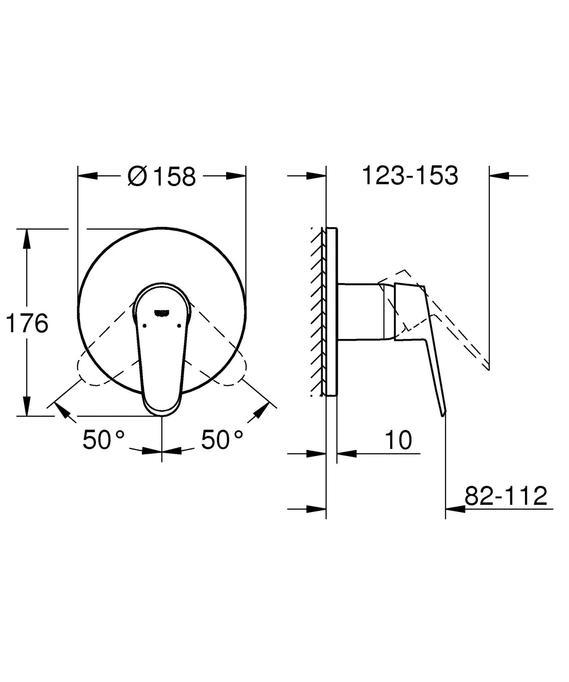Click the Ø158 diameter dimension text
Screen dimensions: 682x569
[x=162, y=177]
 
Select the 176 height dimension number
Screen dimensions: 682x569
[x=27, y=323]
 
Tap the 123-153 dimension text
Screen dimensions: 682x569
[x=410, y=176]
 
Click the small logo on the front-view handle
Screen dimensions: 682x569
[x=162, y=312]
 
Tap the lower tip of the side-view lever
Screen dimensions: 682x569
[x=443, y=413]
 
